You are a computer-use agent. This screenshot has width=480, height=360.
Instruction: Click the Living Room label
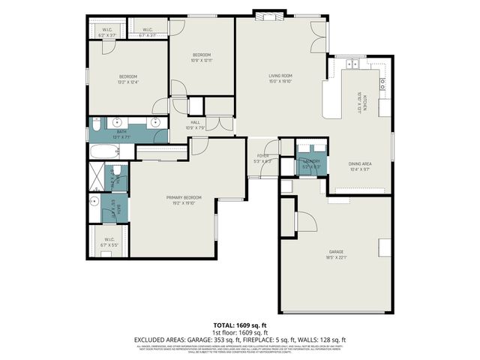pos(280,76)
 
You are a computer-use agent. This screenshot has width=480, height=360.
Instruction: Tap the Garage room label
pos(336,252)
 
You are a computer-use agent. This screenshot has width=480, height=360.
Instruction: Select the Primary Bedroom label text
pos(181,198)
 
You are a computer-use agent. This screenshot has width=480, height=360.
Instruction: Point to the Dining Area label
pos(360,163)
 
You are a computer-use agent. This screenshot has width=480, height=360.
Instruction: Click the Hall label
pos(195,122)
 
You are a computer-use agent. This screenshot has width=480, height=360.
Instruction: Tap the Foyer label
pos(260,157)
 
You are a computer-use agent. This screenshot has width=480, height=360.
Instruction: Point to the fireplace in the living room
pos(267,16)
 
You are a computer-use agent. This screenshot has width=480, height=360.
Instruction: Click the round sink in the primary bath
pos(94,202)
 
